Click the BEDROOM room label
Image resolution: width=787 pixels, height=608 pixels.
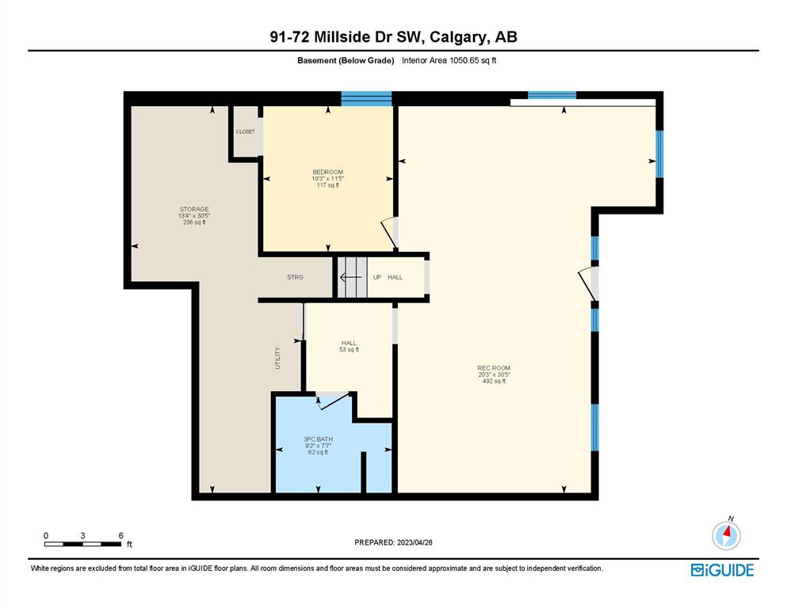pyautogui.click(x=328, y=172)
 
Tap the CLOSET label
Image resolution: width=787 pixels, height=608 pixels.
pyautogui.click(x=246, y=132)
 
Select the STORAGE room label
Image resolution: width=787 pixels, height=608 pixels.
pyautogui.click(x=194, y=209)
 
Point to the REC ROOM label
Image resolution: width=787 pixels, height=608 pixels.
pyautogui.click(x=494, y=368)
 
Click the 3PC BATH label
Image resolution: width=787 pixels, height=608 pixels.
pyautogui.click(x=319, y=439)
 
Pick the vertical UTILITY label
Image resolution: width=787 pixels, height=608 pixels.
pyautogui.click(x=277, y=358)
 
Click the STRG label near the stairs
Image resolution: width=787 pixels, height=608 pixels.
pyautogui.click(x=295, y=277)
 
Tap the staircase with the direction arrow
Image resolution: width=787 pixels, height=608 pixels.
pyautogui.click(x=352, y=277)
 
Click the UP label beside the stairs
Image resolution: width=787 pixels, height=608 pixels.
pyautogui.click(x=377, y=277)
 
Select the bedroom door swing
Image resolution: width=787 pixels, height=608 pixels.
pyautogui.click(x=389, y=233)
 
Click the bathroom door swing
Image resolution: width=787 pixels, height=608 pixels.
pyautogui.click(x=332, y=401)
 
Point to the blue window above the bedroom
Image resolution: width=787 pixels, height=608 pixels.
pyautogui.click(x=366, y=99)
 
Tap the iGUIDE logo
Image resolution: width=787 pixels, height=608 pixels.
pyautogui.click(x=722, y=570)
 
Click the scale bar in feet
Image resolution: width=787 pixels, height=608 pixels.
pyautogui.click(x=82, y=544)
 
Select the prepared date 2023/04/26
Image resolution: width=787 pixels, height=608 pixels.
pyautogui.click(x=415, y=542)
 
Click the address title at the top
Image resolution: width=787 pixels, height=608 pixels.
pyautogui.click(x=393, y=37)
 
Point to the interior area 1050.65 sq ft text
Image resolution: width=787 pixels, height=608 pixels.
pyautogui.click(x=449, y=61)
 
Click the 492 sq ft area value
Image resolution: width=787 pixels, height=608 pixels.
pyautogui.click(x=494, y=381)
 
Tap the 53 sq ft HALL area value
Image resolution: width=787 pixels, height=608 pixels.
pyautogui.click(x=350, y=349)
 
